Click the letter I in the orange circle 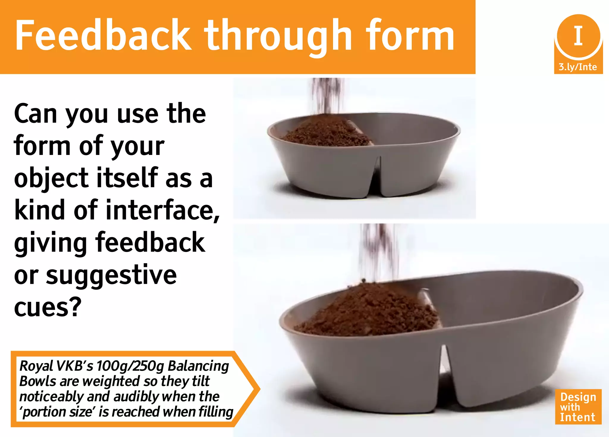578,36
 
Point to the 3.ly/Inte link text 578,67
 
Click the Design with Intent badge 578,407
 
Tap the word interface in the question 163,210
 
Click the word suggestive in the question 112,275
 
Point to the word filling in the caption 216,412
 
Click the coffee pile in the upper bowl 326,132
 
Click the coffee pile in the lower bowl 369,311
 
